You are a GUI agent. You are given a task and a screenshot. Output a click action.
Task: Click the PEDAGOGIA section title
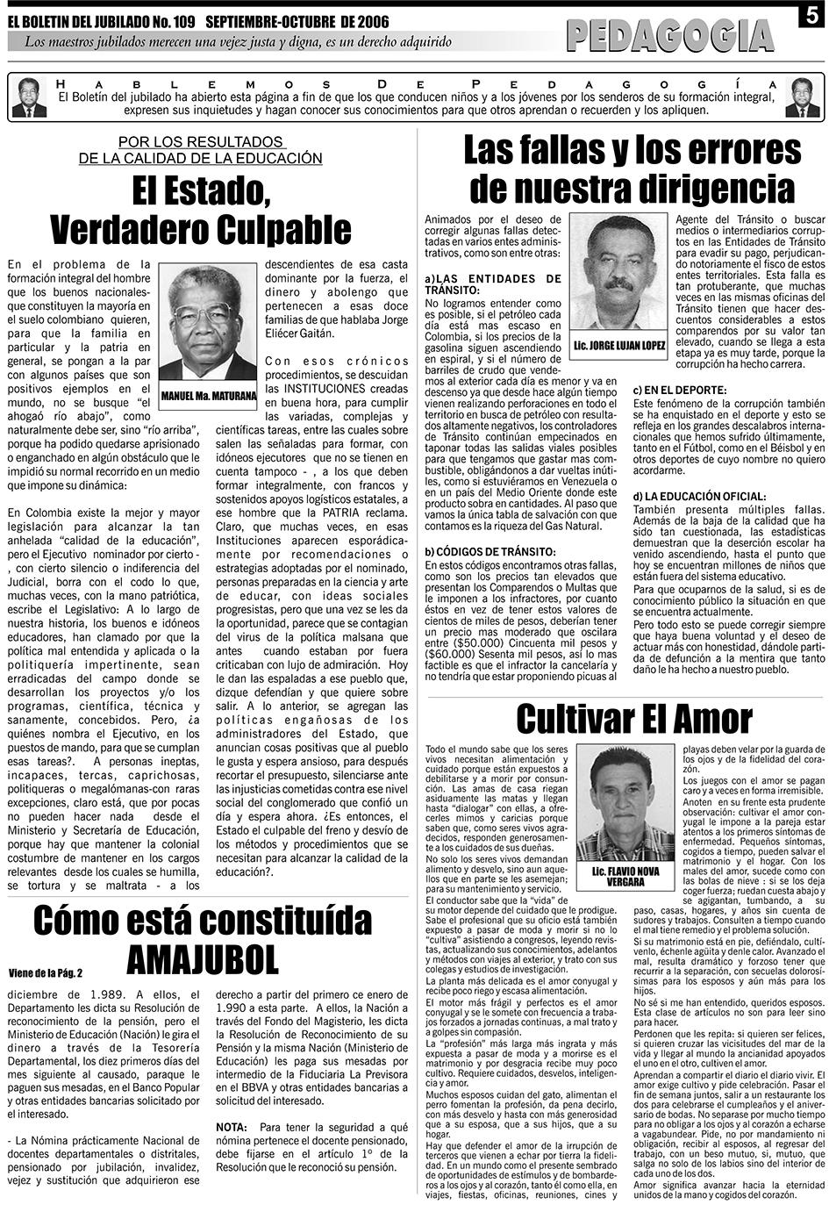click(x=670, y=36)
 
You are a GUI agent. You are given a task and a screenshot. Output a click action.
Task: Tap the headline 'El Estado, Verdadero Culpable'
click(x=200, y=211)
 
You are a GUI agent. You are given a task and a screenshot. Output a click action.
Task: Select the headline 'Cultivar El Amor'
click(x=633, y=719)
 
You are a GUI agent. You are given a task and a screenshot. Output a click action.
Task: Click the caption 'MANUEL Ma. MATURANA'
click(x=209, y=395)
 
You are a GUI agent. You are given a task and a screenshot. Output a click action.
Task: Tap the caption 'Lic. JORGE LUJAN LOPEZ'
click(x=618, y=345)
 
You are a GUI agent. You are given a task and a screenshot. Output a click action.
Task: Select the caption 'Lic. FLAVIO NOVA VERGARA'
click(x=625, y=876)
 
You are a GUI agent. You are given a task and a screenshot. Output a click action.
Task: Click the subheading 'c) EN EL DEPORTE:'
click(x=680, y=389)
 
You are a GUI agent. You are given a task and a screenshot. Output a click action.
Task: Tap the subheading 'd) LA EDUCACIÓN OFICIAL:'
click(x=699, y=496)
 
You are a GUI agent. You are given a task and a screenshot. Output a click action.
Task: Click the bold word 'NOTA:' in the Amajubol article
click(x=231, y=1127)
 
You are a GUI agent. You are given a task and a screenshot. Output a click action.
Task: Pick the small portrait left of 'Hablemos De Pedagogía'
click(x=29, y=97)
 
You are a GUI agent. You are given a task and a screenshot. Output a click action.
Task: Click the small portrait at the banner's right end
click(x=802, y=97)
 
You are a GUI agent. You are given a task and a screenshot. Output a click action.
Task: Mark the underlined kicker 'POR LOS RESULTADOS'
click(x=200, y=142)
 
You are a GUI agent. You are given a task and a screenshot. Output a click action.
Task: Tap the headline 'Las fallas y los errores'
click(x=632, y=150)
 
